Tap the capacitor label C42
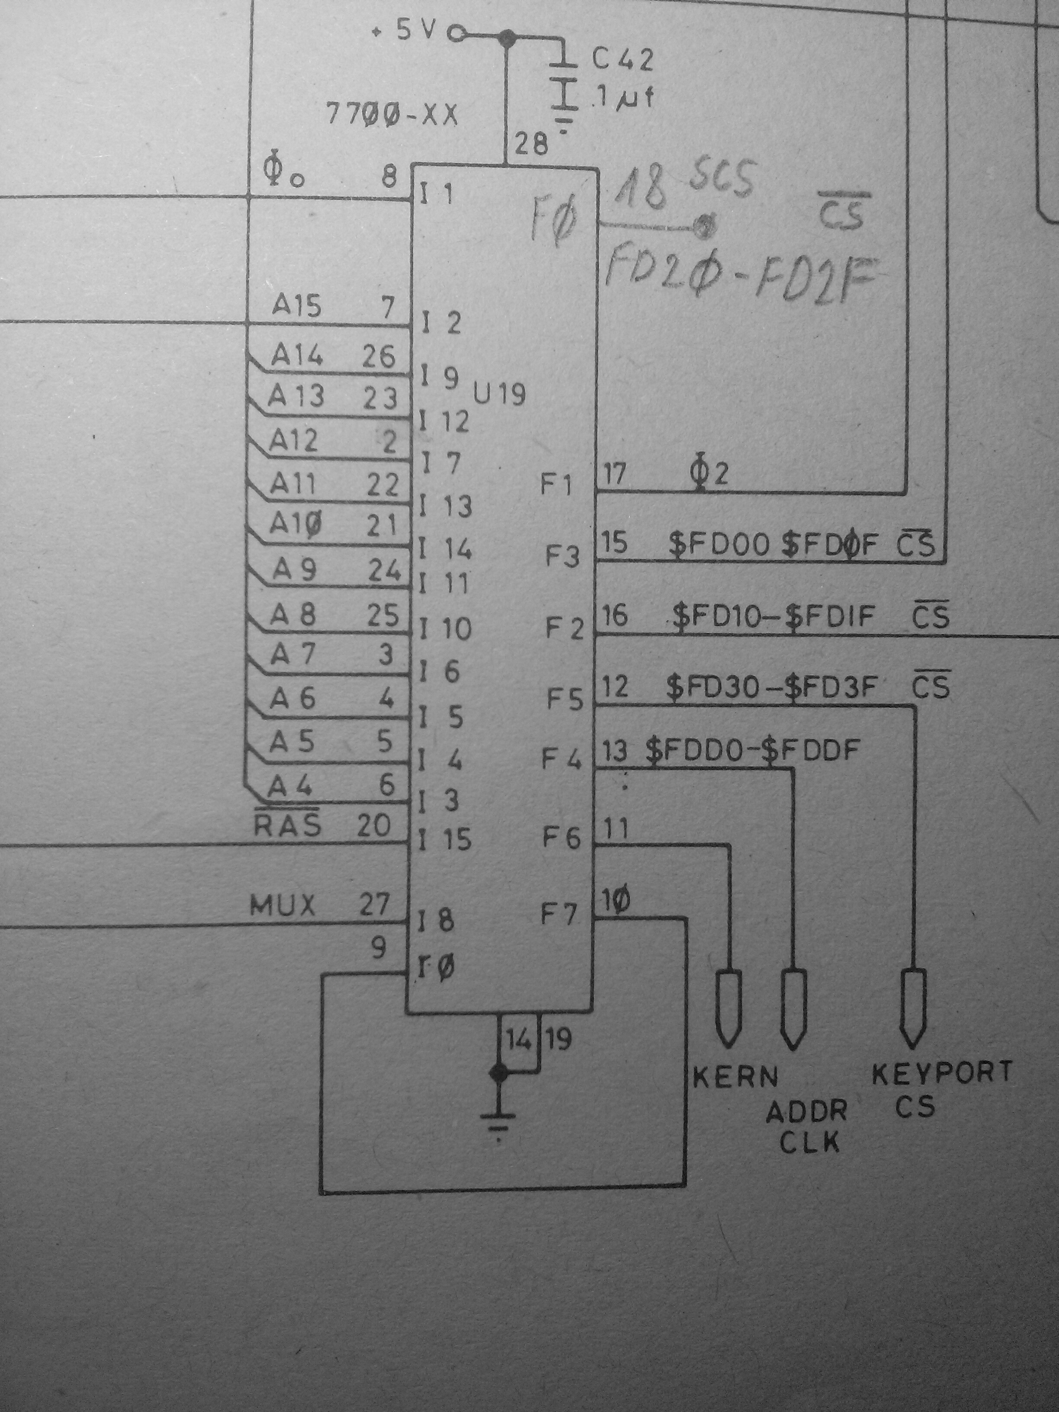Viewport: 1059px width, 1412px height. tap(623, 60)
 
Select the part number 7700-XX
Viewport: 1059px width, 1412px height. tap(392, 116)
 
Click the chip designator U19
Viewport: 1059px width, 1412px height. tap(499, 395)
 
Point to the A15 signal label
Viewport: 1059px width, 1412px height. tap(296, 306)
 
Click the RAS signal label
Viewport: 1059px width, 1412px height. tap(287, 825)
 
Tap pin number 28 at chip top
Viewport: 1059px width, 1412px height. tap(531, 144)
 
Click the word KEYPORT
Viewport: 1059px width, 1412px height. tap(942, 1072)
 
